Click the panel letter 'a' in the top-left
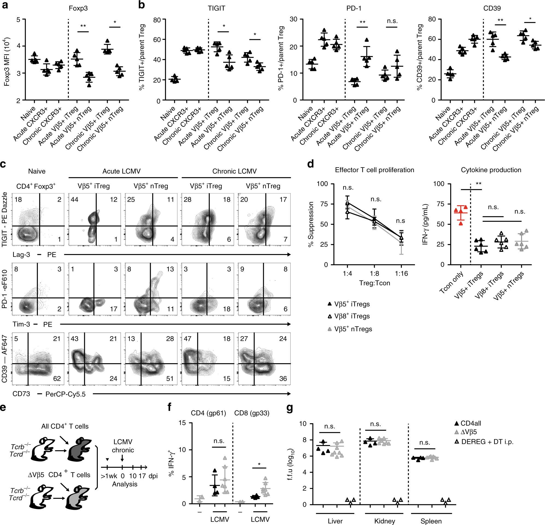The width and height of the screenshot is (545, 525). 5,5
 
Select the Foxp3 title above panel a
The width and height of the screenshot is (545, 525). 78,8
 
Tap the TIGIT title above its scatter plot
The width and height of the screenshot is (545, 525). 216,8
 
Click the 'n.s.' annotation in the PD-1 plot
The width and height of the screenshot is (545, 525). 392,21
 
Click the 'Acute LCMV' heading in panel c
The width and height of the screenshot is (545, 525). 122,171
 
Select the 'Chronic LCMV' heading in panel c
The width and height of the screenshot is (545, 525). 234,171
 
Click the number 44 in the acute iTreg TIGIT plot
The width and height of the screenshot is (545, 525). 75,199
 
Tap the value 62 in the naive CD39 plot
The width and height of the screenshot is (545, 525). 57,378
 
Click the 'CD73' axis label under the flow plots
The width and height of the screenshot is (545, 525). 21,394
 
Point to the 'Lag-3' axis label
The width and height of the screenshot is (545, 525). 21,255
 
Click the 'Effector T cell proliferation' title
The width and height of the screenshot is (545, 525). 374,170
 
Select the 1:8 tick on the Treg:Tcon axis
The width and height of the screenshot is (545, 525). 374,274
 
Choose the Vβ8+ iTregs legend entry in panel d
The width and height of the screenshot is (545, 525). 349,316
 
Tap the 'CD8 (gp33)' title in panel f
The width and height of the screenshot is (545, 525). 252,413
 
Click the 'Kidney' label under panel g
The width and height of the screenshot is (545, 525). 384,521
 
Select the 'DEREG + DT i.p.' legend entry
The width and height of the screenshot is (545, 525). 484,442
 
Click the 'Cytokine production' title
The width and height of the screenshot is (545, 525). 491,170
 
